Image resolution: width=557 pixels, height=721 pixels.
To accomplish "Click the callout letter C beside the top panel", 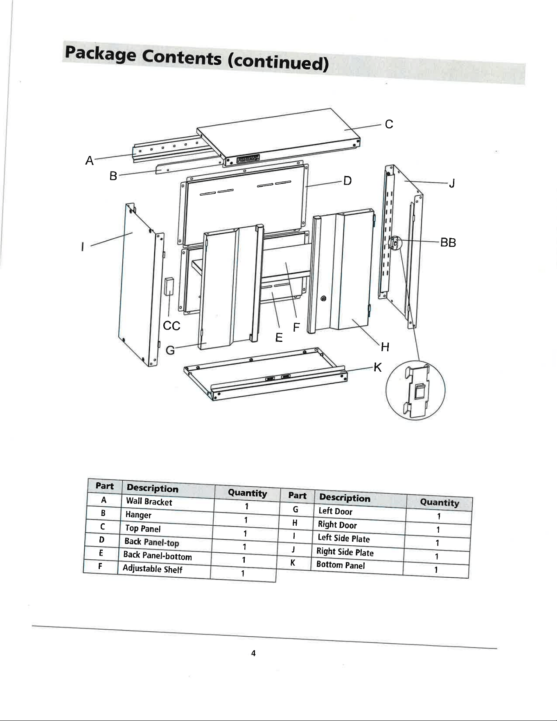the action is pos(389,124).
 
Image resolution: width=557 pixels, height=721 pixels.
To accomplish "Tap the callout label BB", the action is pos(448,242).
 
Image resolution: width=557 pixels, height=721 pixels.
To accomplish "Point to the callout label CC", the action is pos(171,326).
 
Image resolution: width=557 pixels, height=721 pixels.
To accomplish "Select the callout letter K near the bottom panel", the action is pos(378,368).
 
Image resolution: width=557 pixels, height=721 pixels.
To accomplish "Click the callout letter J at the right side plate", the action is pos(452,183).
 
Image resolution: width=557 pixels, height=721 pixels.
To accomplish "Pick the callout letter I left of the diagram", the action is pos(83,247).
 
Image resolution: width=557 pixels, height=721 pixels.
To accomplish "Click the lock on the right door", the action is pos(323,298).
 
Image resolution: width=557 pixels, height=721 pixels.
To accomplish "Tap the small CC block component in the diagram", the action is pos(169,286).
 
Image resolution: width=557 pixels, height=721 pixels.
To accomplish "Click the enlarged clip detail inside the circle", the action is pos(416,391).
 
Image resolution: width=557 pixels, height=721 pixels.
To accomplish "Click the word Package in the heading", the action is pos(101,54).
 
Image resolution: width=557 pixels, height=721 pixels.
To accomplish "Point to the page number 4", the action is pos(253,653).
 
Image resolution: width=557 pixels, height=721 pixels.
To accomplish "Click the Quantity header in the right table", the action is pos(440,502).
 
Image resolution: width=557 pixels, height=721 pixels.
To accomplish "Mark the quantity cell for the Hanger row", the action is pos(246,520).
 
